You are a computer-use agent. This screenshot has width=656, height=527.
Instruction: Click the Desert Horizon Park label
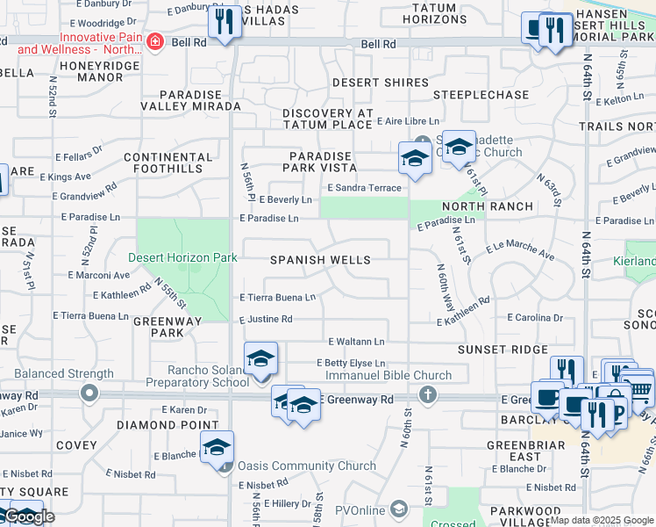(183, 258)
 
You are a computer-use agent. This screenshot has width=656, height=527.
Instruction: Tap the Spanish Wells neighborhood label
(320, 260)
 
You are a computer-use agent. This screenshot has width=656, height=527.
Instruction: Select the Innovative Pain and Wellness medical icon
(155, 42)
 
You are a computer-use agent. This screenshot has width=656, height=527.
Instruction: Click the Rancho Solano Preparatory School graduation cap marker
(260, 359)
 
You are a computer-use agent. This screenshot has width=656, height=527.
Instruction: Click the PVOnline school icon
(399, 509)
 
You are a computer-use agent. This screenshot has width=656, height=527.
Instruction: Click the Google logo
(29, 516)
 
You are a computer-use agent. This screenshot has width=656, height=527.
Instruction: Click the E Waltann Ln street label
(356, 342)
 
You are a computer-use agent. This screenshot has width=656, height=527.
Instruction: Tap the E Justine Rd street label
(266, 320)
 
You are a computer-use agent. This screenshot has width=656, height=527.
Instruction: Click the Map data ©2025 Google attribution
(602, 520)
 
